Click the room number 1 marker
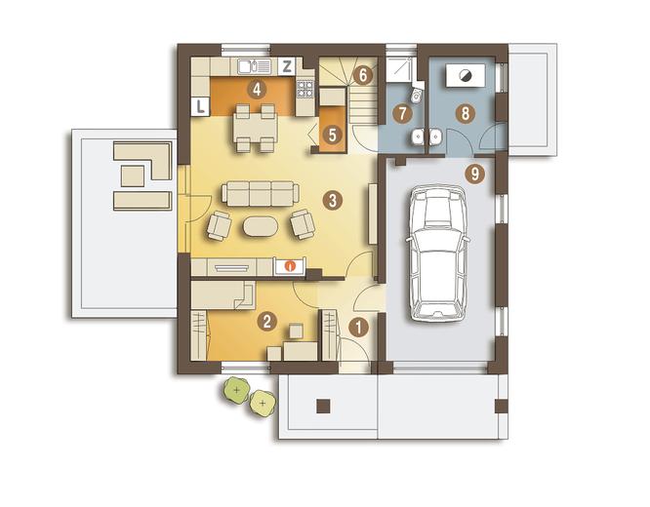coord(358,328)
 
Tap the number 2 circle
coord(266,321)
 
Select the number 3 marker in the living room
coord(332,201)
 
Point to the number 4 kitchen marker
coord(257,89)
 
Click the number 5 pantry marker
coord(332,135)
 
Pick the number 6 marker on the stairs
coord(363,75)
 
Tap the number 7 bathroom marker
coord(402,113)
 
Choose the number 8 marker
coord(466,113)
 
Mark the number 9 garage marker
coord(474,174)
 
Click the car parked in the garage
coord(439,253)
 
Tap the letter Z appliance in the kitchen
coord(286,66)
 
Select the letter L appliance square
coord(201,107)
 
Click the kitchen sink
coord(254,66)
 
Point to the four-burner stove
coord(305,89)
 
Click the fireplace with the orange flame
coord(291,265)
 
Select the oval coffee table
coord(261,226)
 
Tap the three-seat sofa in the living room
coord(261,193)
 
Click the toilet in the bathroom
coord(416,95)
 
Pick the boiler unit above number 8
coord(465,75)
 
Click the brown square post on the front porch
coord(323,406)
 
